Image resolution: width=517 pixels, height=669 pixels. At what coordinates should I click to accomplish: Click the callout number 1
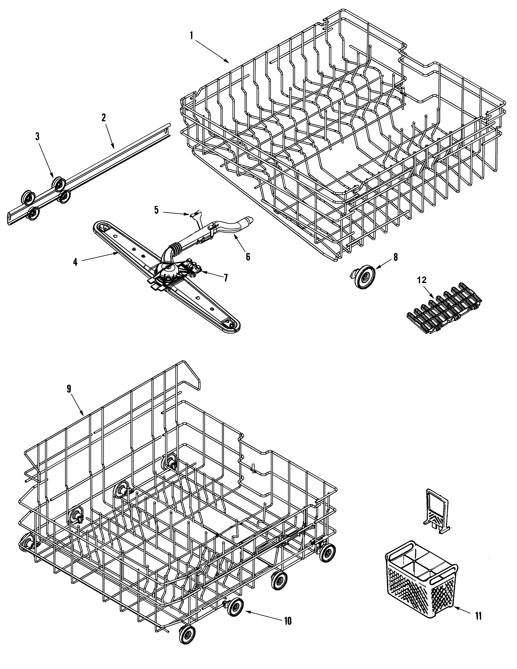coord(191,36)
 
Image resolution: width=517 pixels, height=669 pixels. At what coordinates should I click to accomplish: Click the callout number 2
coord(104,118)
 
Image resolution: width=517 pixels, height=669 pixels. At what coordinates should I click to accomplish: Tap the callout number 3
coord(37,137)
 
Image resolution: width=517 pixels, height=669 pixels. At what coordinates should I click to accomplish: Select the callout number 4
coord(75,262)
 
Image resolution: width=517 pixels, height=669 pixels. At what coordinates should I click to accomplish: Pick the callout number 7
coord(226,278)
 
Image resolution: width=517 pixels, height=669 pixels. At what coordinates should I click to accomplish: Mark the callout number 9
coord(69,389)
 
